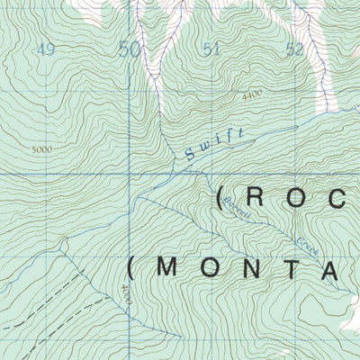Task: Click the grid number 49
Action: [x=44, y=49]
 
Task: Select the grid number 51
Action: [x=212, y=50]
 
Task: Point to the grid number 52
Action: [x=293, y=50]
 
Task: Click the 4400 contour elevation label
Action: [x=254, y=93]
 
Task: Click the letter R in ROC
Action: [x=255, y=198]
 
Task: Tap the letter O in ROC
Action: [x=296, y=198]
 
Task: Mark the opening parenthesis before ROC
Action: [x=220, y=198]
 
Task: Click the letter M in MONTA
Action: [x=169, y=269]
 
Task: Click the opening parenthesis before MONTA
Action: [x=133, y=269]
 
